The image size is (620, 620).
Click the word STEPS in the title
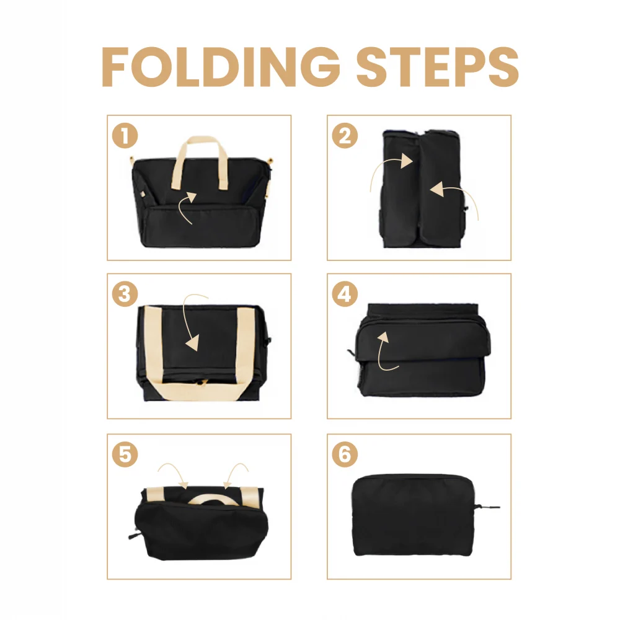click(437, 66)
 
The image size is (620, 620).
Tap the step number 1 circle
click(125, 136)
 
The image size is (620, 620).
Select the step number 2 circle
click(345, 136)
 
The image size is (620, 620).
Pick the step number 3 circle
click(125, 294)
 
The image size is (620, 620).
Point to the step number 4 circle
click(345, 294)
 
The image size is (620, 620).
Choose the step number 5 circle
click(125, 454)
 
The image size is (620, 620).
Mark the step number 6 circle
click(345, 454)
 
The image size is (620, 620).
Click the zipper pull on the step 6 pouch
click(488, 507)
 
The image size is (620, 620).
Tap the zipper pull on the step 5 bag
click(133, 536)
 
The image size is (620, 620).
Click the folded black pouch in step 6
click(413, 515)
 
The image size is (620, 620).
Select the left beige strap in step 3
click(153, 348)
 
